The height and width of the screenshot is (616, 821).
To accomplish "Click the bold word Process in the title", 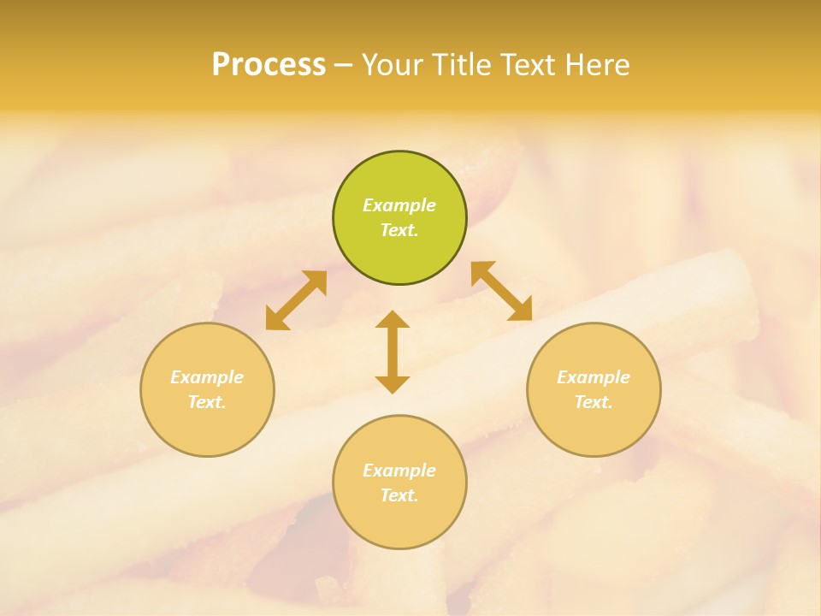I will click(269, 65).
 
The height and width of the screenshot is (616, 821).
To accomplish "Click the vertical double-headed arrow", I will click(393, 352).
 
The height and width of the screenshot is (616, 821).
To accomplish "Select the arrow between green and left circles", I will click(296, 300).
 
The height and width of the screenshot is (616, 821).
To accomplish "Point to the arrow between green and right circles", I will click(501, 291).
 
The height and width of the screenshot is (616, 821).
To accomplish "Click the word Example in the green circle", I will click(399, 205).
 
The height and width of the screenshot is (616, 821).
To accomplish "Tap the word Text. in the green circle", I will click(399, 230).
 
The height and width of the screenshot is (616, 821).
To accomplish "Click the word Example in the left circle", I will click(207, 377).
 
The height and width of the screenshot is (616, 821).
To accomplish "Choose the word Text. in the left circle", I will click(207, 402).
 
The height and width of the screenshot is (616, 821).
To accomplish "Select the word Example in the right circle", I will click(594, 377).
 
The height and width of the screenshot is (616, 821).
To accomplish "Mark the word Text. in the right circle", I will click(594, 402).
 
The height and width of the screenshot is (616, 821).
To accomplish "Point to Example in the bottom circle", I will click(399, 471).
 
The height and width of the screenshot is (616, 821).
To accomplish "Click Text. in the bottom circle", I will click(399, 495).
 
